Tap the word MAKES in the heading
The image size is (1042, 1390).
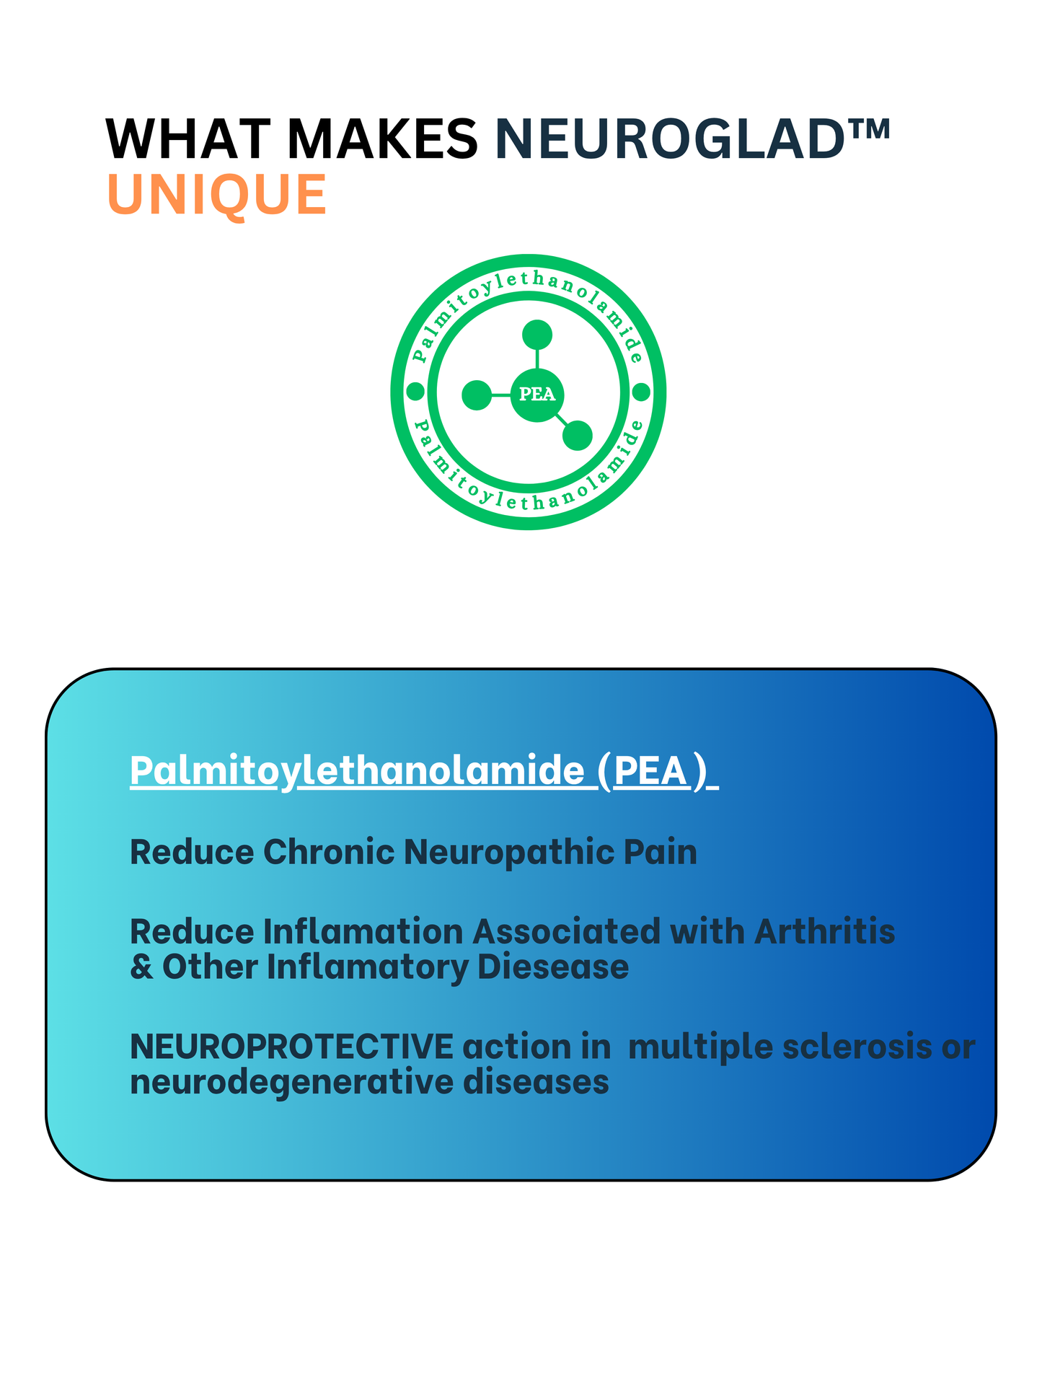pyautogui.click(x=383, y=138)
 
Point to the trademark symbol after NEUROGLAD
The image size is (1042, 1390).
pyautogui.click(x=868, y=128)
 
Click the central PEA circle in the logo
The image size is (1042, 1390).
pyautogui.click(x=537, y=395)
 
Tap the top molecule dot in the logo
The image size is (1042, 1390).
pyautogui.click(x=537, y=335)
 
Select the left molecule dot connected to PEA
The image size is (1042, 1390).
pyautogui.click(x=476, y=395)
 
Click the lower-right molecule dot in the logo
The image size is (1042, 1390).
pyautogui.click(x=577, y=435)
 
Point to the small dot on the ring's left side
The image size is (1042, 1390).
pyautogui.click(x=415, y=392)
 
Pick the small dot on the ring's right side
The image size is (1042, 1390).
pyautogui.click(x=641, y=392)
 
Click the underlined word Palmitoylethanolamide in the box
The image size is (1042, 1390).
pyautogui.click(x=358, y=771)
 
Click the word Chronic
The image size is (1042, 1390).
pyautogui.click(x=329, y=852)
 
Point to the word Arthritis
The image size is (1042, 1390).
pyautogui.click(x=824, y=931)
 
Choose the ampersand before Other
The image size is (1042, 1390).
pyautogui.click(x=142, y=967)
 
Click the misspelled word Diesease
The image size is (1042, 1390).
pyautogui.click(x=553, y=967)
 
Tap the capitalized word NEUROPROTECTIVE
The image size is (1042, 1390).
pyautogui.click(x=291, y=1047)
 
